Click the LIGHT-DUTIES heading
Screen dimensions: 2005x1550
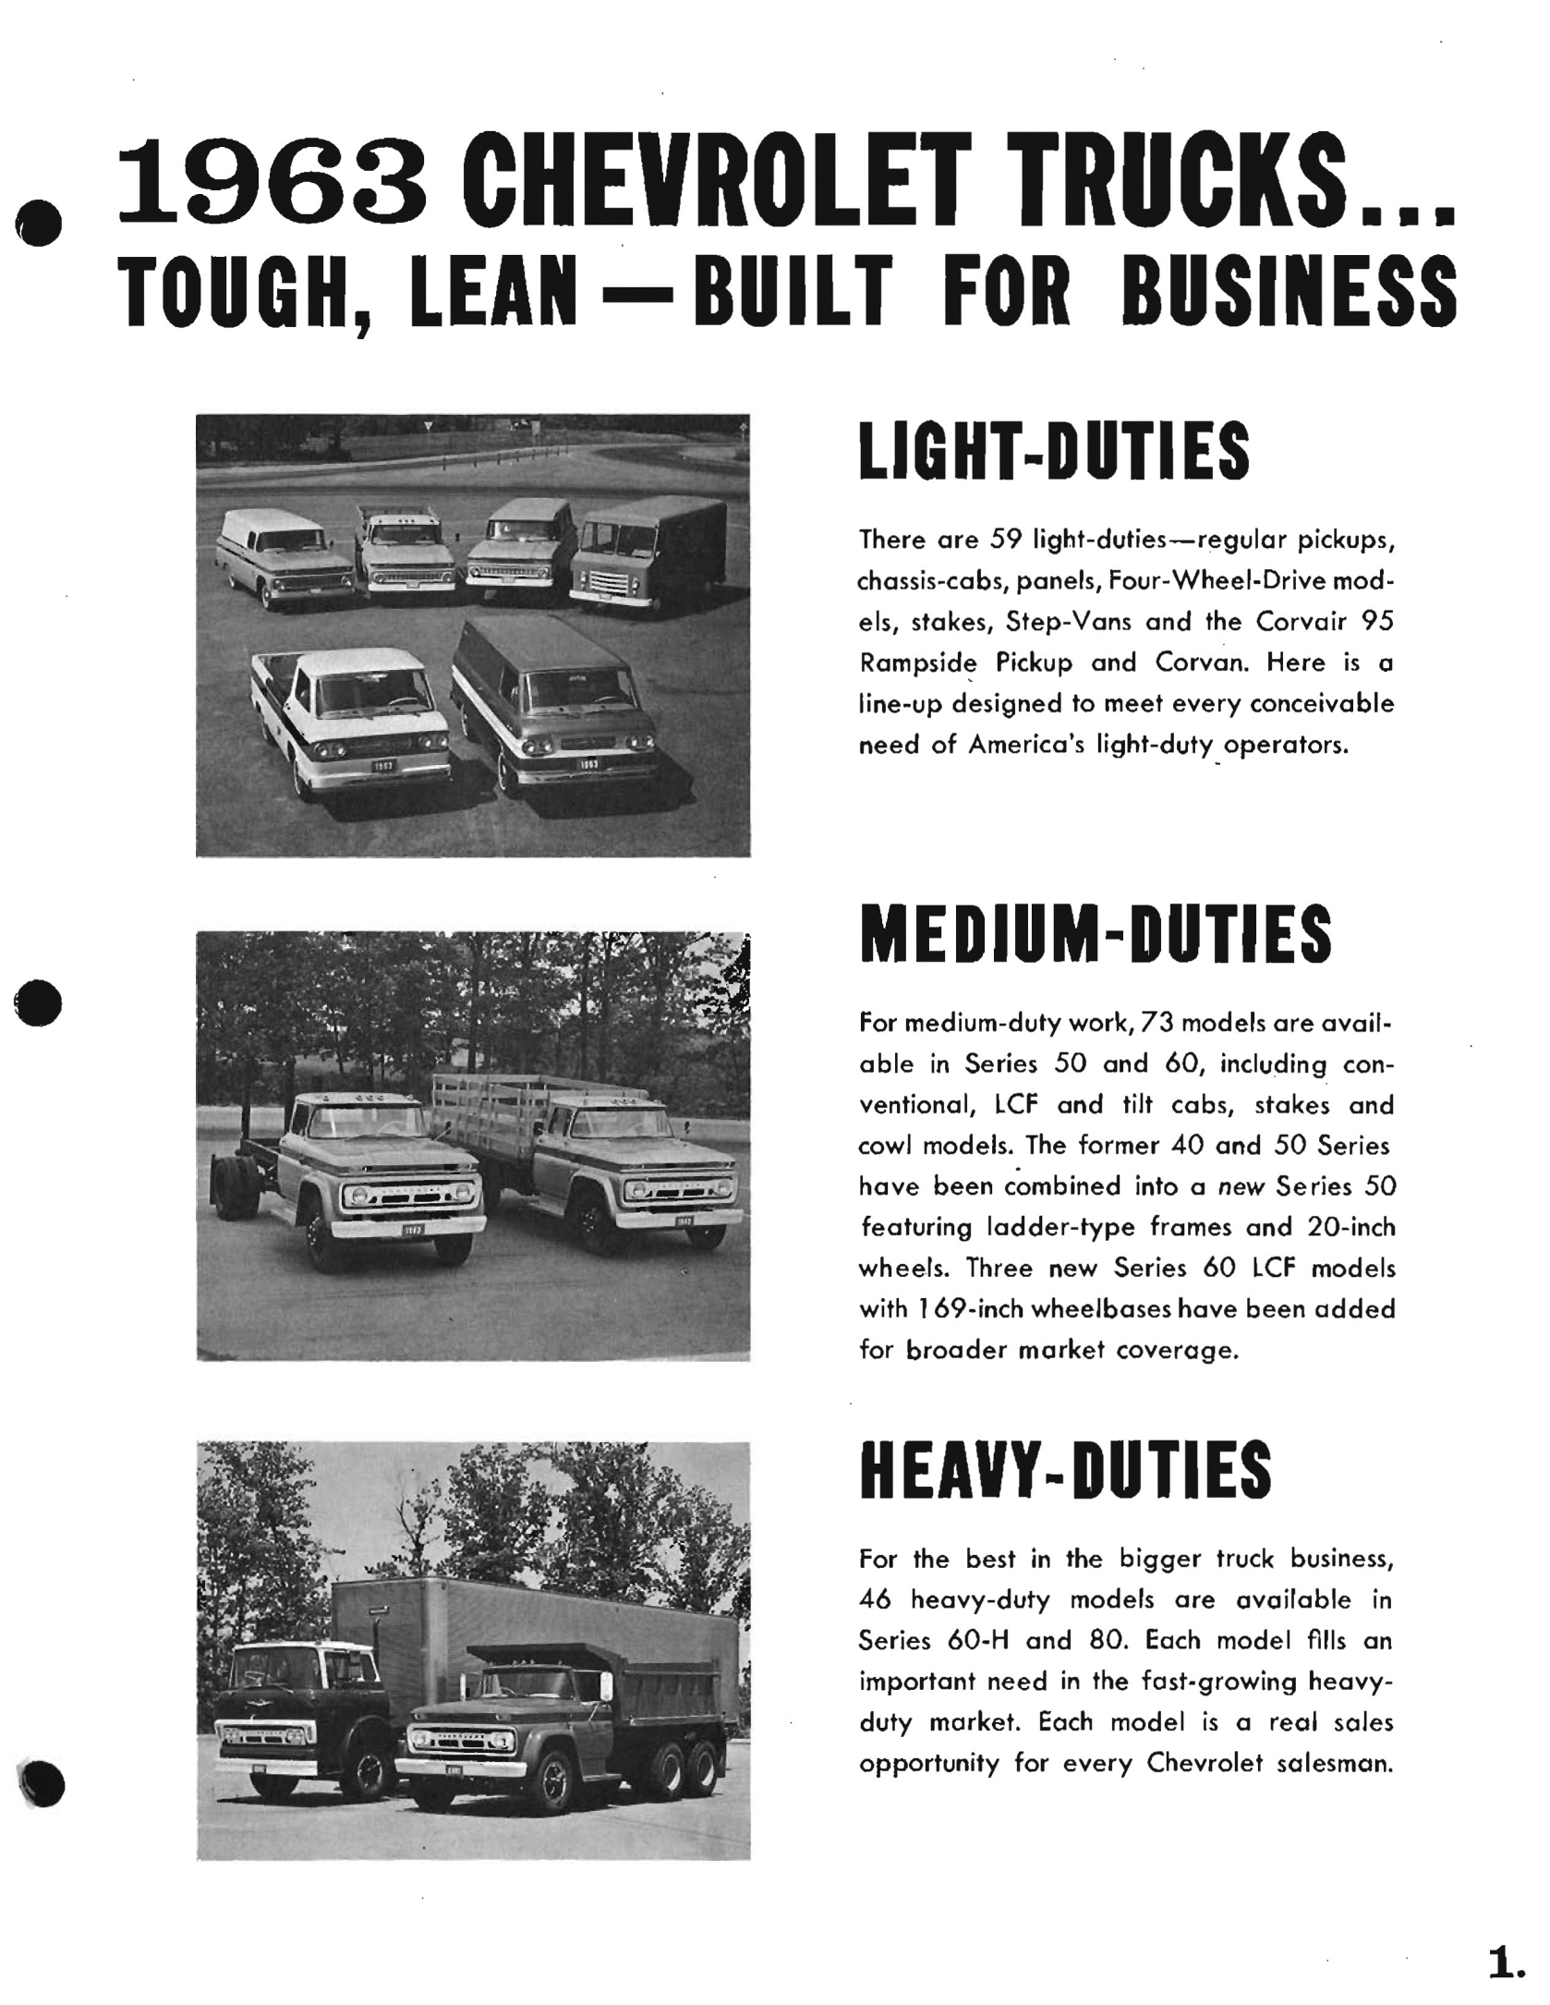(1054, 451)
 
